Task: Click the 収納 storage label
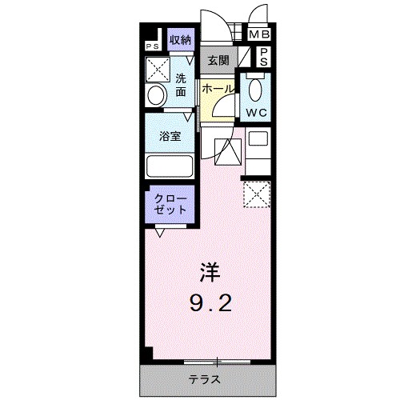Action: [x=180, y=39]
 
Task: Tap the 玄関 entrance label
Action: [x=218, y=60]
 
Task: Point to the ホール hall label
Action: [x=217, y=90]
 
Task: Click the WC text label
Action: [x=257, y=112]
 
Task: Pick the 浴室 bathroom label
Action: [x=170, y=136]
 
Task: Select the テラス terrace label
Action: [x=203, y=378]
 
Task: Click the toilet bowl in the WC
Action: [x=256, y=88]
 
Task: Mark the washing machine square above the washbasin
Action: [x=157, y=67]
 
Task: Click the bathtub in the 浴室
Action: [x=170, y=167]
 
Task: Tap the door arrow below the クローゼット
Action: [x=161, y=233]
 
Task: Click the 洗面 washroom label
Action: [x=181, y=85]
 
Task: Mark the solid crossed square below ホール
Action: [x=228, y=151]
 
